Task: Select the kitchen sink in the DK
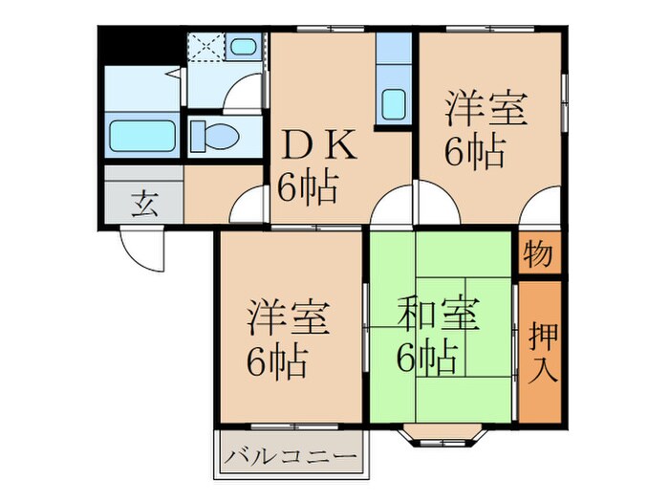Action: click(393, 101)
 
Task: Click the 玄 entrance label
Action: click(142, 205)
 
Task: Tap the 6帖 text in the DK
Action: click(308, 186)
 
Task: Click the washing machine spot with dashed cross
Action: click(205, 45)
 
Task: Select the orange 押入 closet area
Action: click(541, 352)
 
